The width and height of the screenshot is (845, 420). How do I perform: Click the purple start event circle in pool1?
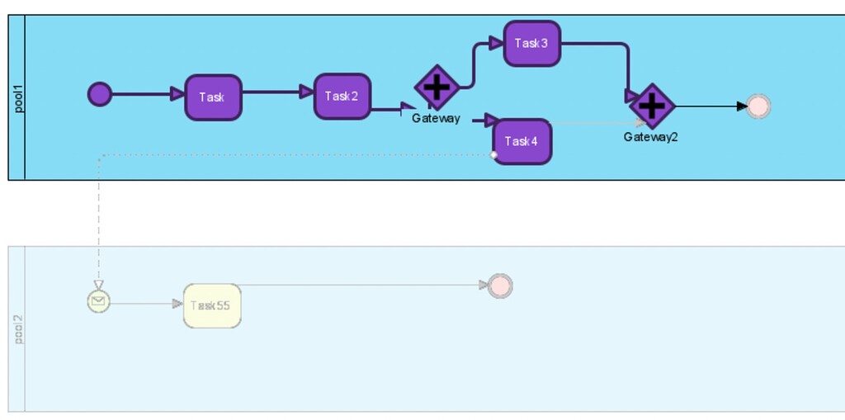pyautogui.click(x=100, y=94)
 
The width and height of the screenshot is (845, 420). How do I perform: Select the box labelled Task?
pyautogui.click(x=213, y=97)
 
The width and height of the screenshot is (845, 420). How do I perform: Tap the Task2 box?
pyautogui.click(x=342, y=97)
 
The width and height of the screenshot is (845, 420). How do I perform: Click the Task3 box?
pyautogui.click(x=532, y=44)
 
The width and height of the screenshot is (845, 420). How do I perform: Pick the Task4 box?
pyautogui.click(x=522, y=142)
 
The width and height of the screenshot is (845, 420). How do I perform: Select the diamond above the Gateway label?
pyautogui.click(x=437, y=87)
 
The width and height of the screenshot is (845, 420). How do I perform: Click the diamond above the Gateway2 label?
pyautogui.click(x=653, y=106)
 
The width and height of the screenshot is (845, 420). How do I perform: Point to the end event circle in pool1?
pyautogui.click(x=758, y=106)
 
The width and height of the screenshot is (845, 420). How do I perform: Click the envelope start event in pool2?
pyautogui.click(x=98, y=302)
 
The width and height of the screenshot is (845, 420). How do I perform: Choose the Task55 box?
pyautogui.click(x=212, y=306)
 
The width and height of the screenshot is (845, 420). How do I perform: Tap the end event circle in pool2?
pyautogui.click(x=500, y=286)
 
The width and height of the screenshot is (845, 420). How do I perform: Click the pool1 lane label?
pyautogui.click(x=17, y=97)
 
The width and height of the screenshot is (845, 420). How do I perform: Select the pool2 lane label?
pyautogui.click(x=17, y=328)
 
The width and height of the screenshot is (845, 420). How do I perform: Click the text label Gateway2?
pyautogui.click(x=650, y=137)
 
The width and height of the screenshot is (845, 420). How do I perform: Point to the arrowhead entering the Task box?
pyautogui.click(x=177, y=94)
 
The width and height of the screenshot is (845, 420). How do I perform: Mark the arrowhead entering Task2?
pyautogui.click(x=306, y=92)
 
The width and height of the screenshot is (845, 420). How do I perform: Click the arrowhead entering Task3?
pyautogui.click(x=497, y=43)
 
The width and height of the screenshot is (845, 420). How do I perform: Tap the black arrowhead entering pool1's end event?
pyautogui.click(x=741, y=106)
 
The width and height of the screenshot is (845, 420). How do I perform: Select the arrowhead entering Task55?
pyautogui.click(x=177, y=304)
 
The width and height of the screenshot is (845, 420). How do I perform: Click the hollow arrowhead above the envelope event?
pyautogui.click(x=98, y=285)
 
